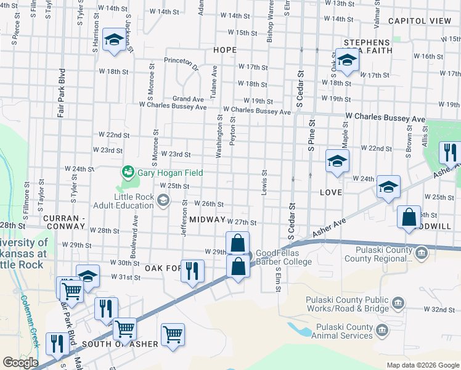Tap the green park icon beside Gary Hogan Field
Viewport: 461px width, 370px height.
point(128,171)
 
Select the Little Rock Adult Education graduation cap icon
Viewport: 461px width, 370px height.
point(163,200)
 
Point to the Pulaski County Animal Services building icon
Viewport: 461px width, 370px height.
point(382,331)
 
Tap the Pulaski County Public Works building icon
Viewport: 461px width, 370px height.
point(398,302)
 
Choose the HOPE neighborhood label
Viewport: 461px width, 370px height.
point(225,49)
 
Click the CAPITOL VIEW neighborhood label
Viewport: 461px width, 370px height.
point(420,21)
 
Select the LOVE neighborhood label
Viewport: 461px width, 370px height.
point(331,192)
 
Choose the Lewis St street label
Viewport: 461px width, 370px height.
point(264,181)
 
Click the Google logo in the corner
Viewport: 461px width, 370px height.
point(20,362)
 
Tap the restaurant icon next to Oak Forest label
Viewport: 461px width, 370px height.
point(192,270)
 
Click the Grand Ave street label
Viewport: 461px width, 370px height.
point(188,99)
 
